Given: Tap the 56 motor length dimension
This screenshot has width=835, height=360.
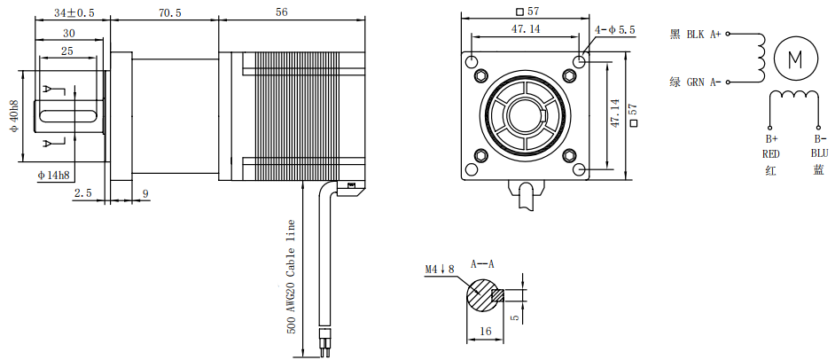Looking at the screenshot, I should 282,13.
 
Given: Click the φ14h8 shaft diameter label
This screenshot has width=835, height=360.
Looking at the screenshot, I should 53,176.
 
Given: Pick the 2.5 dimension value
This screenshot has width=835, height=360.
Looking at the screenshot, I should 82,192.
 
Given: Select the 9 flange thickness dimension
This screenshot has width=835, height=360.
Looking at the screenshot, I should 144,192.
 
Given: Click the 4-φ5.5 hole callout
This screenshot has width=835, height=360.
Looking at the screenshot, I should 615,30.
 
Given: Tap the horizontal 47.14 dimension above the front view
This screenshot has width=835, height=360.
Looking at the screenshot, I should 526,29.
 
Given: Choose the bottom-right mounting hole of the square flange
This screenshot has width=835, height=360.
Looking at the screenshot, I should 579,168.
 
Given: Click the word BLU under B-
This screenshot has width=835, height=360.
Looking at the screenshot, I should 818,153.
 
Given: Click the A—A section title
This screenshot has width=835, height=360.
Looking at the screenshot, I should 483,263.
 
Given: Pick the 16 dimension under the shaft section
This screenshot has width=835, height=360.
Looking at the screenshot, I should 484,330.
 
